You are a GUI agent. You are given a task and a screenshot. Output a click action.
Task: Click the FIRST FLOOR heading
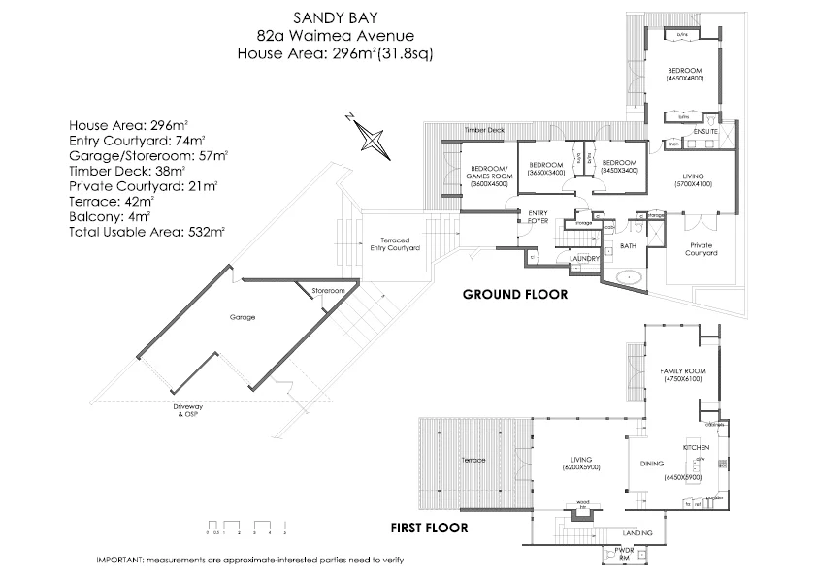pos(429,529)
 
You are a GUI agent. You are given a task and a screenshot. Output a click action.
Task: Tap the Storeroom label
pos(328,290)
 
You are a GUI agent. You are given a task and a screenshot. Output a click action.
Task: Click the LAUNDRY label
pos(583,258)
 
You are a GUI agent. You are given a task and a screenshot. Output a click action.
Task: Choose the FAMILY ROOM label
pos(682,373)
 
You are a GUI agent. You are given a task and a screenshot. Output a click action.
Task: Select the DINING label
pos(652,464)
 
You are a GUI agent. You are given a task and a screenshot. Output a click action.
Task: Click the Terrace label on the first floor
pos(473,460)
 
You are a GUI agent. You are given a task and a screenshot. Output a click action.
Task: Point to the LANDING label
pos(637,533)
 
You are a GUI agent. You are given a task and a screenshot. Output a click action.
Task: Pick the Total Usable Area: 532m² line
pos(147,232)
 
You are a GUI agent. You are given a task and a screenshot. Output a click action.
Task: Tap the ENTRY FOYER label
pos(539,217)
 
